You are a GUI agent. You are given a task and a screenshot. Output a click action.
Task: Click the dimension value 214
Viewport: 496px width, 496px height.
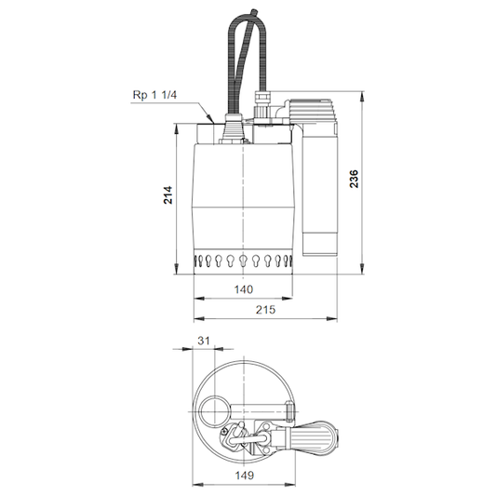coord(168,194)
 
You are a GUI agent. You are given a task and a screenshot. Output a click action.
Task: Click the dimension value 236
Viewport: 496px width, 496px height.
coord(354,179)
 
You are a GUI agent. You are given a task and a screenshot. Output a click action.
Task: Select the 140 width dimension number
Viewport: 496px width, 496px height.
coord(244,289)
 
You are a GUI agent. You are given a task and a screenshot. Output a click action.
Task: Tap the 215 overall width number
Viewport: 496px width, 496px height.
coord(266,309)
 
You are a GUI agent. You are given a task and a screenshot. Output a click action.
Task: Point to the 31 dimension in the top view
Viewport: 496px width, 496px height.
coord(204,341)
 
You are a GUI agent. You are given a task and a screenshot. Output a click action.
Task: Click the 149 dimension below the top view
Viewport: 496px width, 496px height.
coord(245,476)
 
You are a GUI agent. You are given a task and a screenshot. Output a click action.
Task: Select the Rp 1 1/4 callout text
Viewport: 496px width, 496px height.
coord(154,95)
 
